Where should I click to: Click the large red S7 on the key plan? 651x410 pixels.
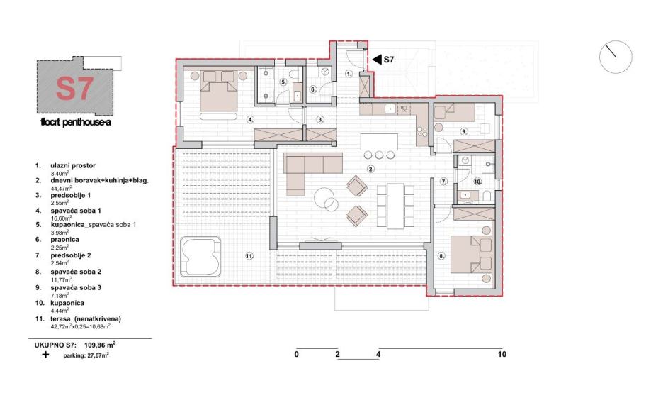74,89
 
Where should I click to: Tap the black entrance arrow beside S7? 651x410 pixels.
377,60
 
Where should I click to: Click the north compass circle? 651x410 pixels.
616,57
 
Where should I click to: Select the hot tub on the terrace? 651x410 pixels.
200,257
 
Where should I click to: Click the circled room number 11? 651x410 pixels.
249,256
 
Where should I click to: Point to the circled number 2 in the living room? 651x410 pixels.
370,169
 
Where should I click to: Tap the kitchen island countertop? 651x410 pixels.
379,142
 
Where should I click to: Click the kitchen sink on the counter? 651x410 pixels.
390,109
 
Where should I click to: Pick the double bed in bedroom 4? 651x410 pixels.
219,91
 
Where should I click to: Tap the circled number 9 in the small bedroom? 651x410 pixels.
464,131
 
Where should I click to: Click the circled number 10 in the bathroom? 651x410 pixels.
477,182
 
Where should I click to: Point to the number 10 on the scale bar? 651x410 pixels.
502,354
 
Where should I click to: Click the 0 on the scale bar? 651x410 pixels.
296,354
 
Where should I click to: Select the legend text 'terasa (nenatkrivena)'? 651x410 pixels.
86,319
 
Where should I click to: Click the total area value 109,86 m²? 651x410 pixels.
100,344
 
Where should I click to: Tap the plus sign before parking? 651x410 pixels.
45,355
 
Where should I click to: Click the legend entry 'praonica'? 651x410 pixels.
64,240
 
